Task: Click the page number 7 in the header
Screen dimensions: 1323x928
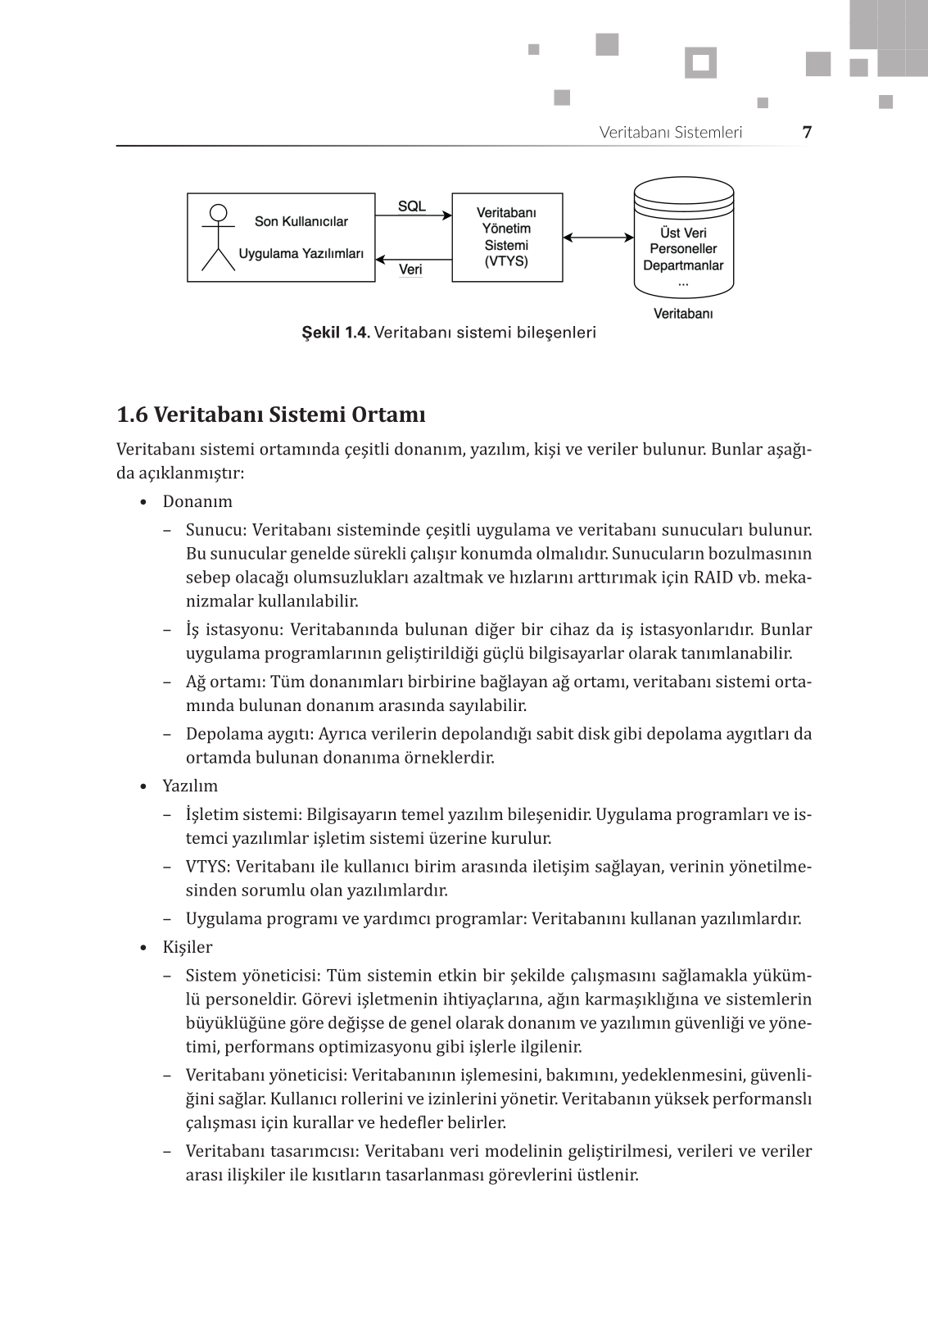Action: point(807,132)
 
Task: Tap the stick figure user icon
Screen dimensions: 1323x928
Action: point(218,237)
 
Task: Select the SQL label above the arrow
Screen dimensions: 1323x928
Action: point(411,206)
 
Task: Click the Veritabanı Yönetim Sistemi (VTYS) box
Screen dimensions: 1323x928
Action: point(507,238)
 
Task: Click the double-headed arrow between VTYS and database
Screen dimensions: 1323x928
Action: point(599,238)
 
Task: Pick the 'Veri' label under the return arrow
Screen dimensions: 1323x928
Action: point(410,270)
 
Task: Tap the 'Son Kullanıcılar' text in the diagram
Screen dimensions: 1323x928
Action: point(301,221)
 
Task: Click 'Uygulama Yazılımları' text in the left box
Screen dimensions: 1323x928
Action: point(301,253)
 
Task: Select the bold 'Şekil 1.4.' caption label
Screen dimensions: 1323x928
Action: point(336,333)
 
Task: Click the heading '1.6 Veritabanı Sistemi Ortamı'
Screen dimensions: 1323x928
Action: point(271,415)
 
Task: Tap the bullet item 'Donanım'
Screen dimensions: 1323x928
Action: point(197,501)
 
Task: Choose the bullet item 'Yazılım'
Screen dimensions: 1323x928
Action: point(190,786)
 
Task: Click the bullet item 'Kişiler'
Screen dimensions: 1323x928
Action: point(188,947)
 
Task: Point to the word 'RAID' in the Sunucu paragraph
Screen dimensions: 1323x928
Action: point(713,577)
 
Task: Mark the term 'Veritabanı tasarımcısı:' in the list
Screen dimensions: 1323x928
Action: point(273,1151)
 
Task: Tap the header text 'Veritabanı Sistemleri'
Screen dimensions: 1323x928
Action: point(671,132)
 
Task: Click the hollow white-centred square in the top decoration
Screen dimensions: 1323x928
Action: point(700,63)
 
